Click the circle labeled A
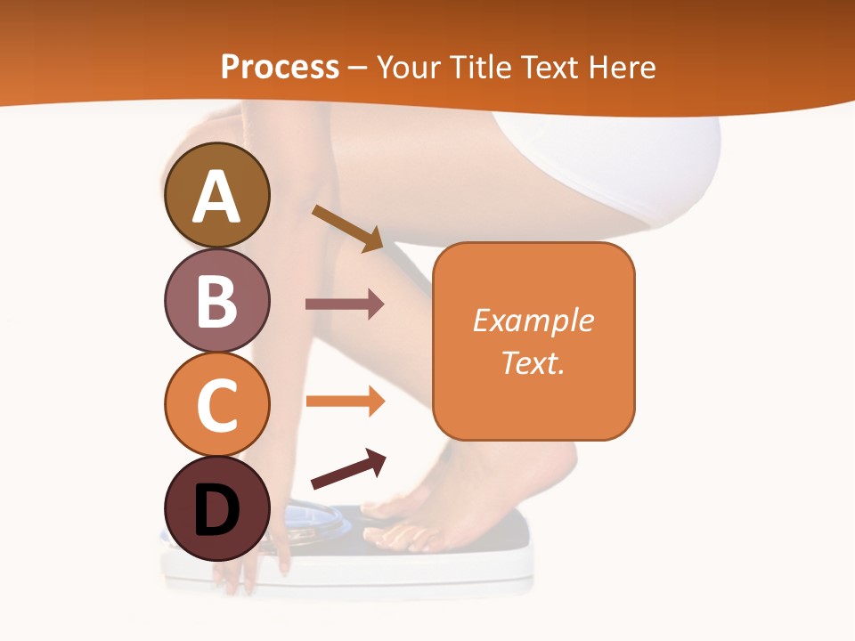tap(217, 195)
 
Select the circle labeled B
tap(217, 300)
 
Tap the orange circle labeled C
tap(217, 403)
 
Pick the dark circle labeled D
tap(217, 508)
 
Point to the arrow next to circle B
tap(344, 304)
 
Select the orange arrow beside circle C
tap(344, 401)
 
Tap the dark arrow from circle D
tap(347, 469)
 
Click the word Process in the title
tap(280, 67)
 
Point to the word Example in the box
tap(533, 320)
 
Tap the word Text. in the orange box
tap(533, 362)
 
